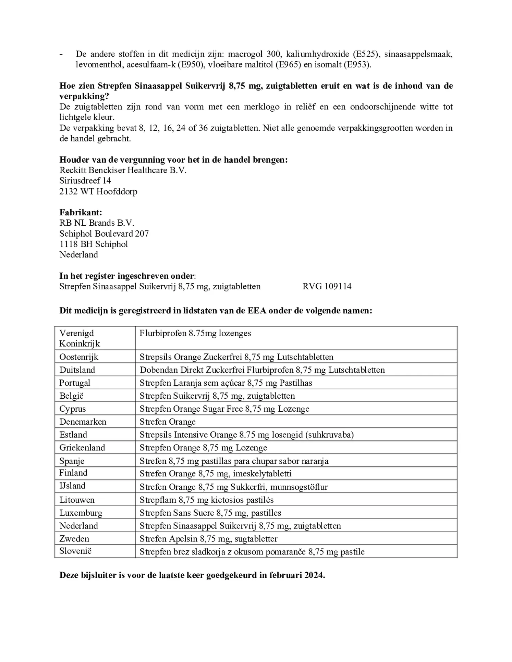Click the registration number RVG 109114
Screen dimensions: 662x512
[327, 286]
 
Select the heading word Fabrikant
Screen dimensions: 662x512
[80, 212]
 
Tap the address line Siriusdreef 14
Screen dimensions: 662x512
[85, 180]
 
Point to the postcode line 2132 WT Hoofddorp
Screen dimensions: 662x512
[98, 191]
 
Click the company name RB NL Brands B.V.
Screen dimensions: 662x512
[97, 223]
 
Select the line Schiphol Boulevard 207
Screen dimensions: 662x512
[104, 234]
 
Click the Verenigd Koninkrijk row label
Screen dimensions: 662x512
[80, 338]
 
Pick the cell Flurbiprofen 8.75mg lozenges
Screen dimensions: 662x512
[195, 333]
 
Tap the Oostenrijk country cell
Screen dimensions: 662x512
[79, 357]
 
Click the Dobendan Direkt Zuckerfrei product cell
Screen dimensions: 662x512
[262, 370]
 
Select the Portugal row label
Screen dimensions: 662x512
[75, 383]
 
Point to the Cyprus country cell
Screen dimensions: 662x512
[72, 409]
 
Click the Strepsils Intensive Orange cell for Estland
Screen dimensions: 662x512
[246, 435]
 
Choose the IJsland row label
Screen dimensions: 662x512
[72, 486]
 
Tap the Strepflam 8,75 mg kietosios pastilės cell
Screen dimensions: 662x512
[206, 500]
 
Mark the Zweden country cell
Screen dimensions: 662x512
[74, 539]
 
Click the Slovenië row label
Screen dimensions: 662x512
[75, 551]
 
